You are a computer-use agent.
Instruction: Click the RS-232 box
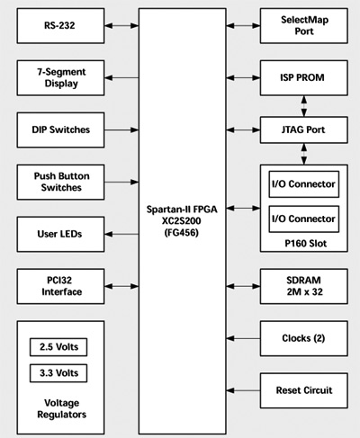(60, 26)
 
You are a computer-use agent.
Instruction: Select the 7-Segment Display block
(60, 78)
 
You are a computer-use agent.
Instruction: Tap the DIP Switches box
(60, 130)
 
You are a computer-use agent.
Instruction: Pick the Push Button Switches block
(60, 182)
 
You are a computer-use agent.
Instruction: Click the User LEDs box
(60, 234)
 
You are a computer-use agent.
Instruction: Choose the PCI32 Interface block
(60, 286)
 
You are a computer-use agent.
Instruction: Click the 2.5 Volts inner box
(58, 347)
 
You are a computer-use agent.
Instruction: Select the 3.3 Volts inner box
(58, 373)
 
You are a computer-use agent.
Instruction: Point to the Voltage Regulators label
(62, 408)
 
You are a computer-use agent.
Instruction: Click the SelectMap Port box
(304, 26)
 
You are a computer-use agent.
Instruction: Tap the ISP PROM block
(304, 78)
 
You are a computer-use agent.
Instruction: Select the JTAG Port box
(304, 130)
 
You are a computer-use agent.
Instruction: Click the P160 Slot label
(305, 244)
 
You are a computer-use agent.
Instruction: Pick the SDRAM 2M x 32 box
(304, 286)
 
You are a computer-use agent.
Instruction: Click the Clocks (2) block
(304, 338)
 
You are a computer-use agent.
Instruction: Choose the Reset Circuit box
(304, 390)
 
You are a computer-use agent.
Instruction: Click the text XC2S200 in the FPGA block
(182, 221)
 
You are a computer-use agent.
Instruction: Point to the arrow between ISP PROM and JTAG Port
(304, 106)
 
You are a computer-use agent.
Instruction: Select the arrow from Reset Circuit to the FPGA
(243, 390)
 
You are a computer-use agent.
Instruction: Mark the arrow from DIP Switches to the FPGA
(121, 130)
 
